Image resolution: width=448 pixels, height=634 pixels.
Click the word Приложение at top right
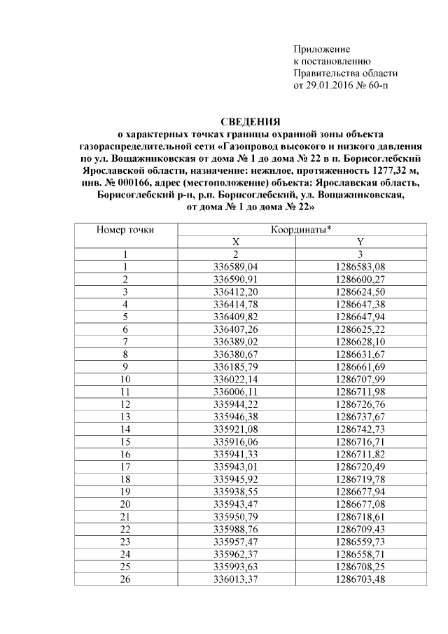pyautogui.click(x=321, y=49)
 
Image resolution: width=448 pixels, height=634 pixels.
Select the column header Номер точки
pyautogui.click(x=125, y=229)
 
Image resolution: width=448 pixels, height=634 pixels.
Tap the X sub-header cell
pyautogui.click(x=236, y=242)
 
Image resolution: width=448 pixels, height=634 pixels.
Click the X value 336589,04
pyautogui.click(x=236, y=267)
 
